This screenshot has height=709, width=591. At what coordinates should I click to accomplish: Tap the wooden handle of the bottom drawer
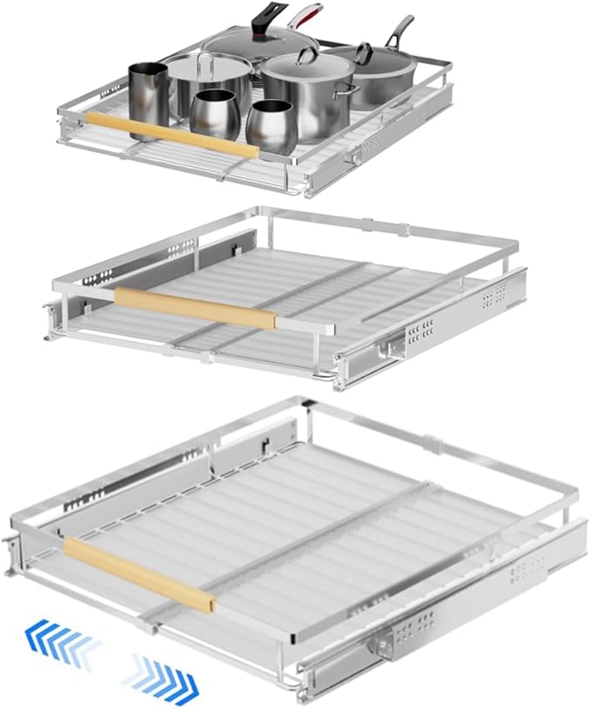[139, 575]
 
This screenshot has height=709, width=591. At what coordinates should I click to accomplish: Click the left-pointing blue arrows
[64, 643]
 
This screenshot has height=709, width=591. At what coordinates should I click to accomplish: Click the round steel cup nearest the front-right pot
[271, 125]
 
